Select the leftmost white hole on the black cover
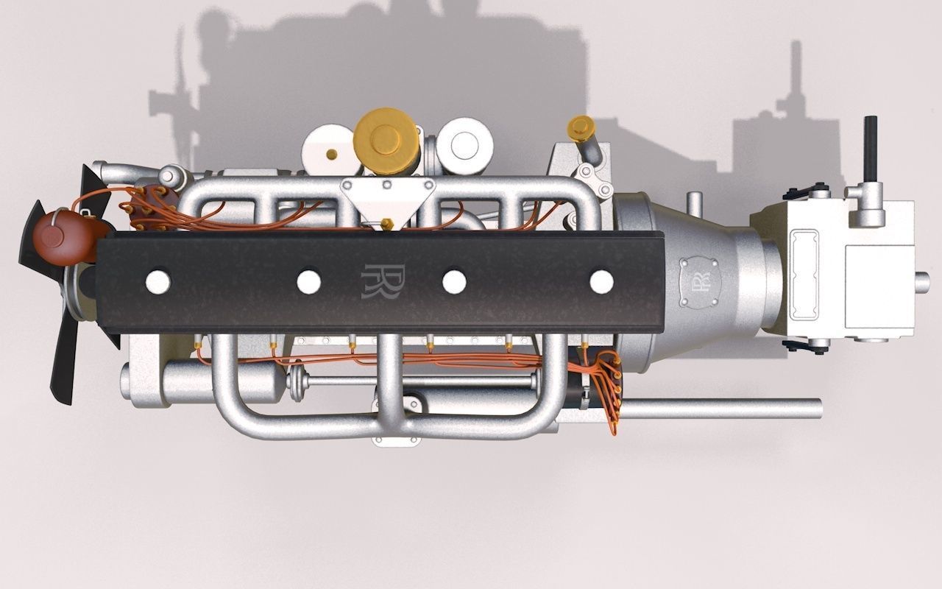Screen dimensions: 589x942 pyautogui.click(x=158, y=281)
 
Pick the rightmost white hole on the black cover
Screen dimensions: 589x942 pyautogui.click(x=601, y=281)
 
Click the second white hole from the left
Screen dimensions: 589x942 pyautogui.click(x=308, y=281)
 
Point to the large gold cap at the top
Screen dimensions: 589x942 pyautogui.click(x=386, y=141)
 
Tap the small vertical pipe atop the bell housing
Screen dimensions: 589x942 pyautogui.click(x=693, y=203)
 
